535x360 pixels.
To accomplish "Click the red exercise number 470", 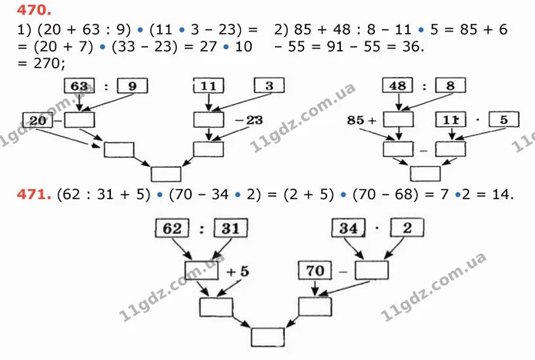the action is [34, 10].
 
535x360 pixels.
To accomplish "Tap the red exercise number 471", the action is [34, 195].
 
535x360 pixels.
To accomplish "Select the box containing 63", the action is [79, 85].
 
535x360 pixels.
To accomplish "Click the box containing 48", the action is [397, 85].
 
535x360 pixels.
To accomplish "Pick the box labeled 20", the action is [38, 120].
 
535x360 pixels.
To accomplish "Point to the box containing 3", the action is [269, 85].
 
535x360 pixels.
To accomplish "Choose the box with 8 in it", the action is [450, 85].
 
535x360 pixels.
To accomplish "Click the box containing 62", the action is [172, 228].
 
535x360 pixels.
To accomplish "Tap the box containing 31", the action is [231, 228].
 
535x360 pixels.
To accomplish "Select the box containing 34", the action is [349, 228].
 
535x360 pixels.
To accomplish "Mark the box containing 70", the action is [315, 271].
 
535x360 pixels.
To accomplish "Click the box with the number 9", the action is [132, 85].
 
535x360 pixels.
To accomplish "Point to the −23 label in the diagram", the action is [249, 120].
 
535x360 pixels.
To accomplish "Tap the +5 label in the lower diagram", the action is [237, 272].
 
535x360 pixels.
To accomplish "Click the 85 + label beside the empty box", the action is [362, 120].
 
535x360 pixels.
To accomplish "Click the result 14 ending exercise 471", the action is [501, 195].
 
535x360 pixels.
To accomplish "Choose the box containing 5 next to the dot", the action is [504, 119].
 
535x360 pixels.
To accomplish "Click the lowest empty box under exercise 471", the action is [268, 338].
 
